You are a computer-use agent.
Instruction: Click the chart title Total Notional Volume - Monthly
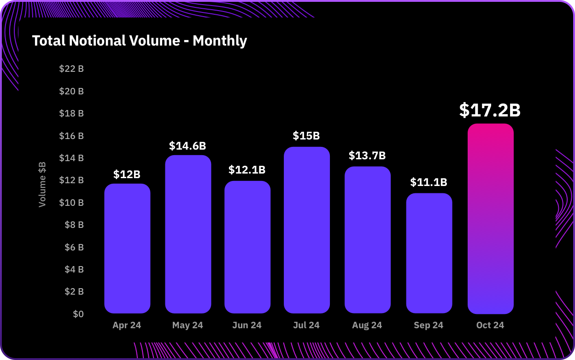[140, 41]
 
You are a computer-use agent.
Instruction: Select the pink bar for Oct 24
[490, 219]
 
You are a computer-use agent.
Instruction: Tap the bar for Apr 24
[127, 249]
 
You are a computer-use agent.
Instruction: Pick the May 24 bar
[188, 234]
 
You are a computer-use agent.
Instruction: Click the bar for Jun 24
[247, 247]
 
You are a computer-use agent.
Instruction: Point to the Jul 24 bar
[307, 230]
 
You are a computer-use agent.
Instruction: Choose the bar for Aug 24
[367, 240]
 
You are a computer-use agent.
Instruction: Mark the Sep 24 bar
[429, 253]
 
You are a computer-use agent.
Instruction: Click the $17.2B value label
[490, 110]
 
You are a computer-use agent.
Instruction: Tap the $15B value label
[306, 136]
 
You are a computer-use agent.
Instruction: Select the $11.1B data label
[428, 182]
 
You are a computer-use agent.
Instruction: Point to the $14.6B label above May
[188, 146]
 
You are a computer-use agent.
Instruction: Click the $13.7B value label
[367, 156]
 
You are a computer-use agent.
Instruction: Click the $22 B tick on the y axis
[71, 69]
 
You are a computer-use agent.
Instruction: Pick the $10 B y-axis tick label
[71, 203]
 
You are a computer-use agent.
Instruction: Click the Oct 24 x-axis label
[490, 325]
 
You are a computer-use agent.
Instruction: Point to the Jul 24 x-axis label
[306, 325]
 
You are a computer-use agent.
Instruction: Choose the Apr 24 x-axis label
[127, 325]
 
